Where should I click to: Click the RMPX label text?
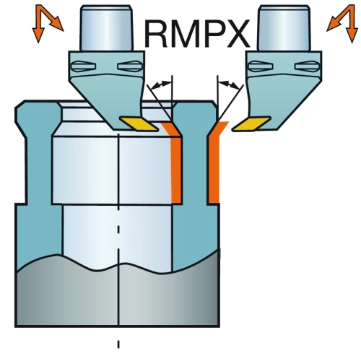coord(197,34)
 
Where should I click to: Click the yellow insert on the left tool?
coord(139,123)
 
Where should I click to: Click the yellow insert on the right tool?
coord(251,123)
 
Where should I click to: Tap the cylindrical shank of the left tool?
coord(107,28)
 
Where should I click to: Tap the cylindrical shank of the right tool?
coord(284,28)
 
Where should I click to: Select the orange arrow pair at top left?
coord(47,23)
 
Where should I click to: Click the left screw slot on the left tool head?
coord(84,66)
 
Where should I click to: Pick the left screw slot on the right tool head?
coord(261,66)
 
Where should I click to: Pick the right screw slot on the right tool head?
coord(307,66)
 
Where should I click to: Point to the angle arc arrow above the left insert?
coord(159,84)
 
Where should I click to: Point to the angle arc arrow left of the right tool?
coord(230,84)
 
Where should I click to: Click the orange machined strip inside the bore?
coord(176,166)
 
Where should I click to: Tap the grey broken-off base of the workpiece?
coord(118,294)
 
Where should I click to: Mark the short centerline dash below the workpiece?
coord(118,344)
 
